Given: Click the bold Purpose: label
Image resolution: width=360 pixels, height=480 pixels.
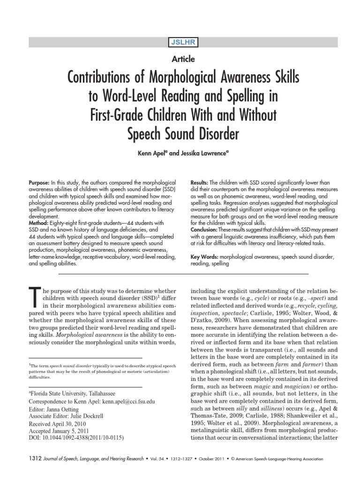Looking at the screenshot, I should coord(42,182).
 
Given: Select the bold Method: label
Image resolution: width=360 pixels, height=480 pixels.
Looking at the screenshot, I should coord(41,223).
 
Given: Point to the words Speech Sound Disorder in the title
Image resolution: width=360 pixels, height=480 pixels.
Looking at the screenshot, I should coord(183,134).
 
